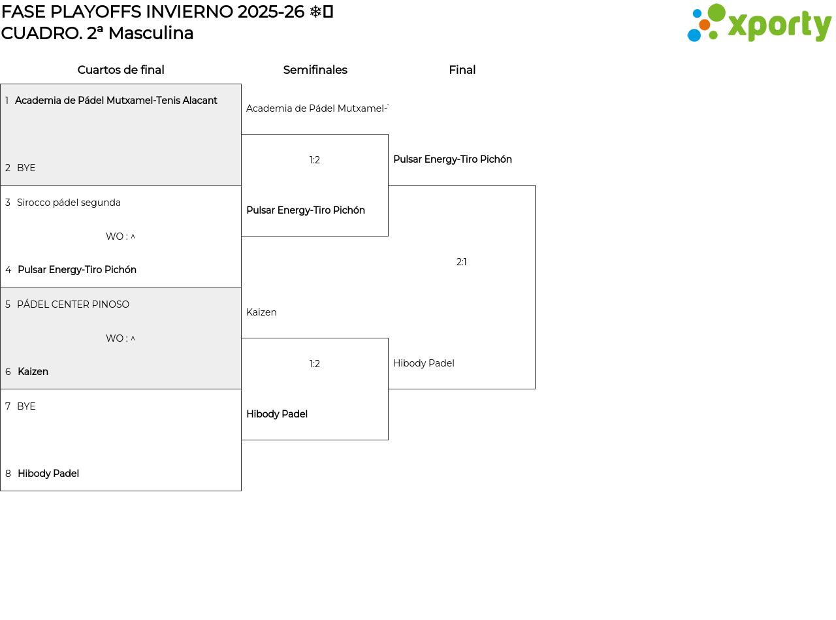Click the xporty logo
coord(759,24)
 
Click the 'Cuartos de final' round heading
coord(121,70)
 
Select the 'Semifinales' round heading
coord(315,70)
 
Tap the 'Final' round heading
coord(462,70)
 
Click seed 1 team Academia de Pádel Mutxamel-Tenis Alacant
coord(116,101)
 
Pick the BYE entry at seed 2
coord(26,168)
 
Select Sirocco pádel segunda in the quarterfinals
coord(69,203)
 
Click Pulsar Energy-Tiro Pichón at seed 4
coord(77,270)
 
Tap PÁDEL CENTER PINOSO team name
coord(73,304)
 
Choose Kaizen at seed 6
coord(33,372)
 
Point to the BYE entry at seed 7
coord(26,406)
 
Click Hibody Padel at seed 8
coord(48,474)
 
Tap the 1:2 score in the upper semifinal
coord(315,160)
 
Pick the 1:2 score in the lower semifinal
coord(315,364)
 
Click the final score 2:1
coord(462,262)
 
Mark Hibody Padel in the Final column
coord(424,363)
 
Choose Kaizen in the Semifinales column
coord(261,312)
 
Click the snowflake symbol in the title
coord(315,12)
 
